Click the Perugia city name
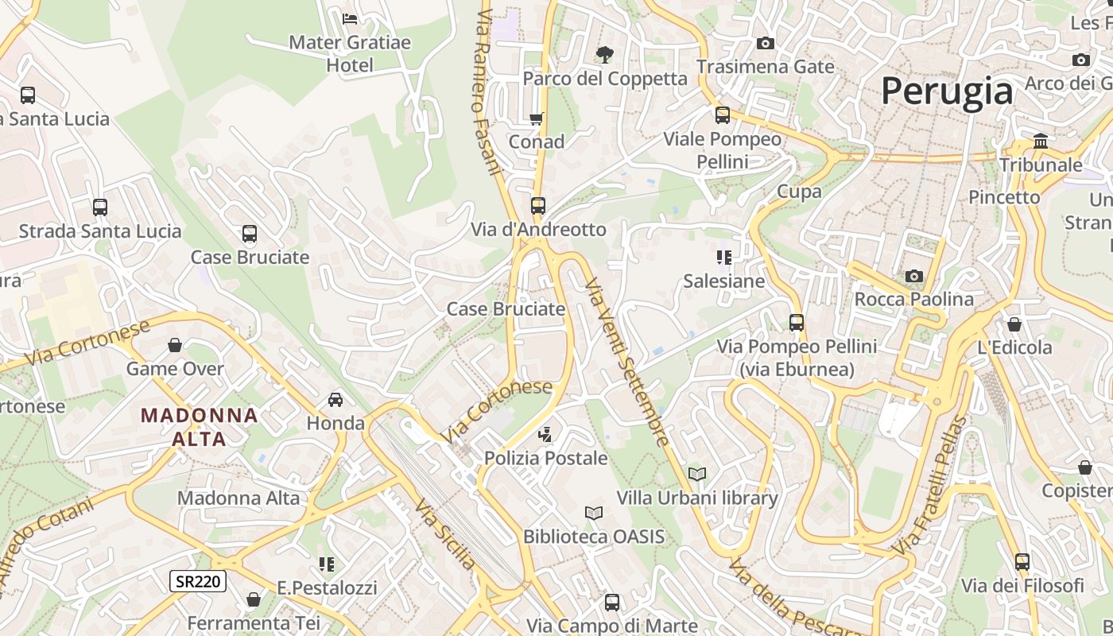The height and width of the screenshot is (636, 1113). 947,91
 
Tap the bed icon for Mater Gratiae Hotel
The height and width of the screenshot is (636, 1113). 349,18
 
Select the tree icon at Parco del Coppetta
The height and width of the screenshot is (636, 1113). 605,54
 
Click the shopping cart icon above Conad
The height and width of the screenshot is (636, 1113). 537,118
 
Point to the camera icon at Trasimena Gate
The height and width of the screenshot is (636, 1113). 766,43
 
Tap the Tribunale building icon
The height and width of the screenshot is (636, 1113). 1040,142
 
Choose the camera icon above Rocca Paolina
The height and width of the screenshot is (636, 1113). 914,276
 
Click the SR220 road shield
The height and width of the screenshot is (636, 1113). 198,581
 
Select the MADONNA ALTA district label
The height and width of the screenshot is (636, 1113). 200,426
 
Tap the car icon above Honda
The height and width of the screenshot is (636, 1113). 335,399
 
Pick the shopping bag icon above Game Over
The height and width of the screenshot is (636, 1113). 175,345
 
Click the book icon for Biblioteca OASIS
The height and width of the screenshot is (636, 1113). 594,513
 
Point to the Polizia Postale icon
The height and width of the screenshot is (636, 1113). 545,434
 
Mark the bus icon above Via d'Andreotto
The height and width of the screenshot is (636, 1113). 538,205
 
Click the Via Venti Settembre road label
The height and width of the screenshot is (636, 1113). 626,362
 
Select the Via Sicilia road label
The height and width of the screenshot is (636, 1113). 444,535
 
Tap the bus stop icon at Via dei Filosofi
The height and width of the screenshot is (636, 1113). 1022,562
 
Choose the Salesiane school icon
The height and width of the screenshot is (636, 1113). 724,257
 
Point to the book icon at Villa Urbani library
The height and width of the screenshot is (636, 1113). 697,474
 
